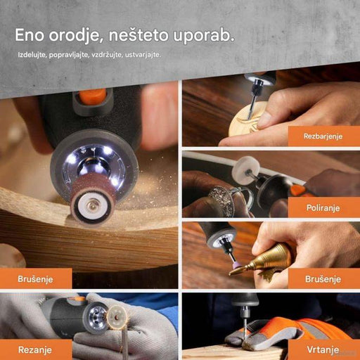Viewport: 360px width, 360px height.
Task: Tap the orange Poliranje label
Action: point(323,208)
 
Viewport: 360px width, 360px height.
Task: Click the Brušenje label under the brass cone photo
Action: point(323,279)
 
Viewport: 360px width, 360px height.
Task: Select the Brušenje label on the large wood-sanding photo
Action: point(36,279)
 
